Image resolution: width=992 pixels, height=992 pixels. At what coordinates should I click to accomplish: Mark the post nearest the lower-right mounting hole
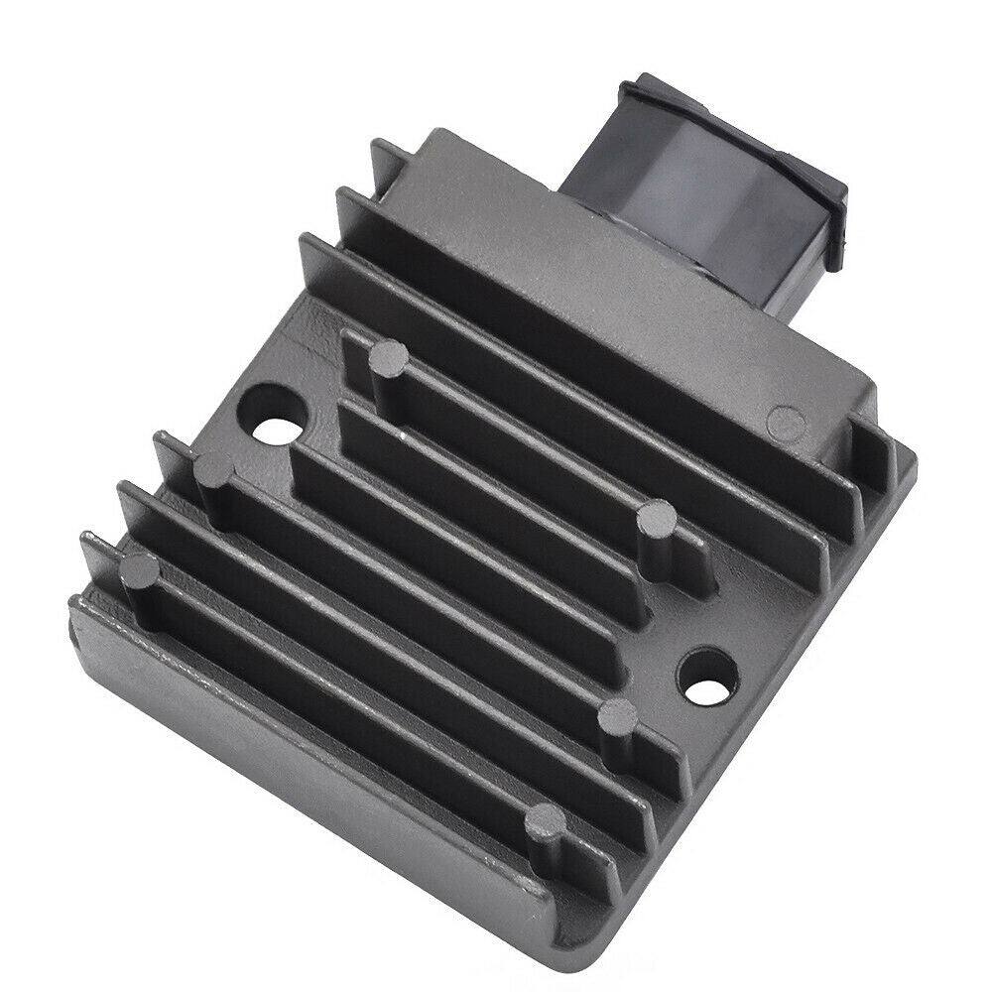pos(620,715)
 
